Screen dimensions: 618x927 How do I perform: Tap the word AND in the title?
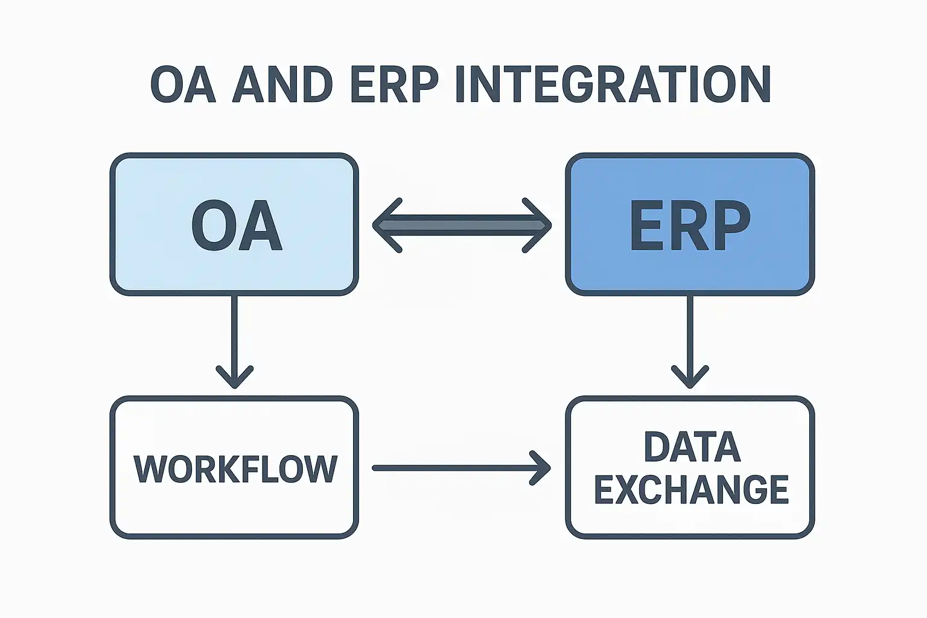(282, 84)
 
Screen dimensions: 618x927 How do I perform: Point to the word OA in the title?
(183, 84)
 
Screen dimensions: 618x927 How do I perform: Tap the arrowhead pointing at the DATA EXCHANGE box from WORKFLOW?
(542, 468)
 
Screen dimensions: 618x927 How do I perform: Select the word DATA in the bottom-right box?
(692, 447)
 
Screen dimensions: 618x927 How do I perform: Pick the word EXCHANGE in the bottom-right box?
(692, 489)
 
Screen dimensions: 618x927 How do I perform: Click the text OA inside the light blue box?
(237, 226)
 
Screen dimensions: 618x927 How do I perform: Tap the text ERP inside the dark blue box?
(690, 226)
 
